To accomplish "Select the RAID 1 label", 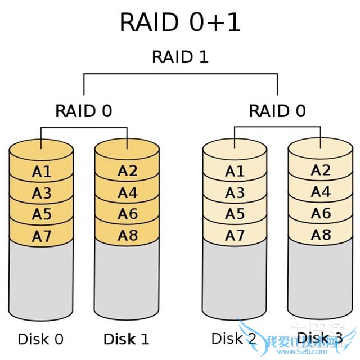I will pyautogui.click(x=180, y=57).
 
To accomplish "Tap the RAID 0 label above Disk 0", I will pyautogui.click(x=83, y=111).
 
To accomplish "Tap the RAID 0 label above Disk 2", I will pyautogui.click(x=277, y=111).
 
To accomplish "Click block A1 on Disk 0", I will pyautogui.click(x=41, y=172).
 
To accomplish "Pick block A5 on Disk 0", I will pyautogui.click(x=41, y=214).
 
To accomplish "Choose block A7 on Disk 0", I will pyautogui.click(x=41, y=236).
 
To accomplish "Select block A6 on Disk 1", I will pyautogui.click(x=128, y=214).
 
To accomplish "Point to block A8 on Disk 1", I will pyautogui.click(x=128, y=235).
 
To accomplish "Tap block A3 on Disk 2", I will pyautogui.click(x=235, y=193).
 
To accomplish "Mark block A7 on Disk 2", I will pyautogui.click(x=235, y=236).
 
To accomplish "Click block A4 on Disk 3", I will pyautogui.click(x=321, y=192).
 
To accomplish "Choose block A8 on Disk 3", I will pyautogui.click(x=321, y=235).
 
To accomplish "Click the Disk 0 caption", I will pyautogui.click(x=40, y=339).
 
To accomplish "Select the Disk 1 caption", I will pyautogui.click(x=127, y=339).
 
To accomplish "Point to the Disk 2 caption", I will pyautogui.click(x=234, y=339).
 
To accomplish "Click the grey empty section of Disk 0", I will pyautogui.click(x=41, y=281).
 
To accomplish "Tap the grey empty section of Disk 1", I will pyautogui.click(x=128, y=281).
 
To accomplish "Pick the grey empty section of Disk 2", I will pyautogui.click(x=235, y=281).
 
